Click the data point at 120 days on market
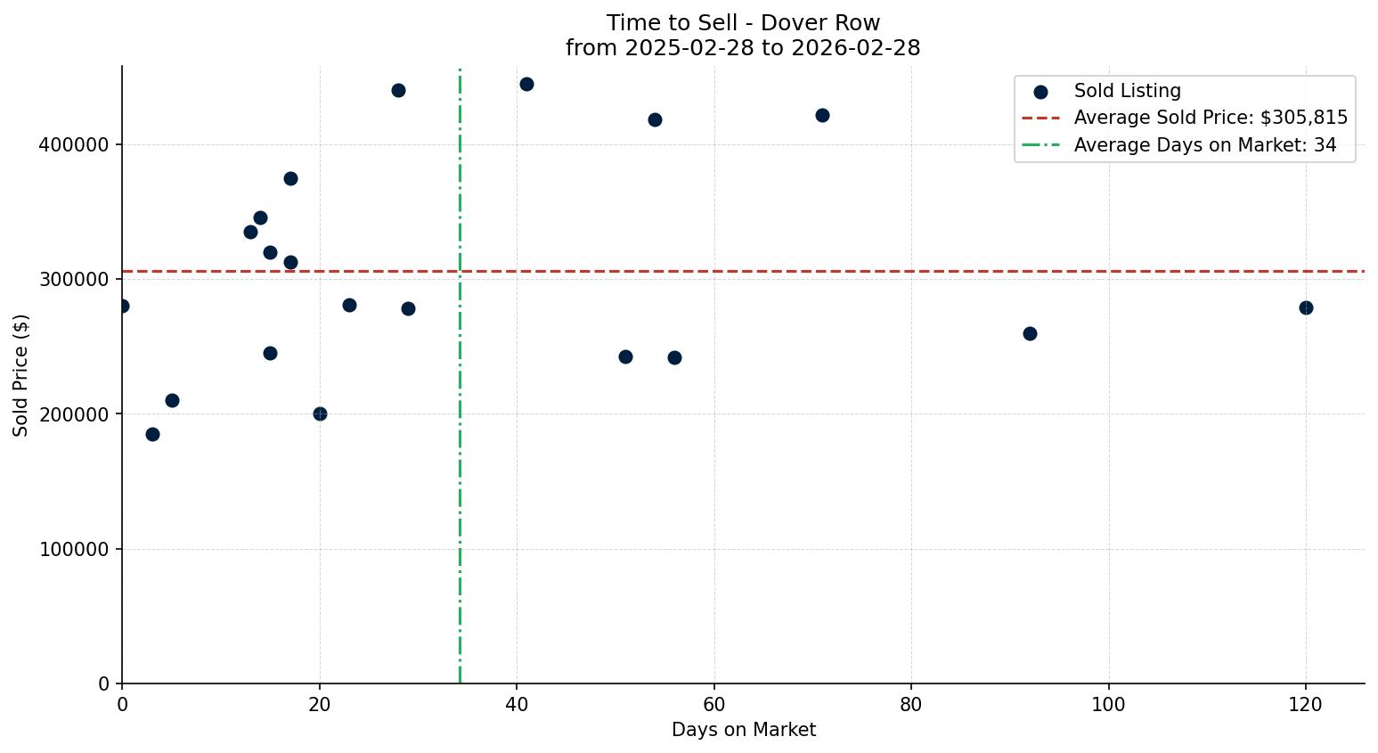pyautogui.click(x=1306, y=307)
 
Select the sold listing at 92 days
pyautogui.click(x=1030, y=333)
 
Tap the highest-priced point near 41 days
pyautogui.click(x=526, y=84)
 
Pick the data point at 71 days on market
pyautogui.click(x=822, y=115)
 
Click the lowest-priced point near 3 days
pyautogui.click(x=152, y=434)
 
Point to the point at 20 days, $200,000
pyautogui.click(x=320, y=413)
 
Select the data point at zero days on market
pyautogui.click(x=123, y=306)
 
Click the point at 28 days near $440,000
pyautogui.click(x=398, y=90)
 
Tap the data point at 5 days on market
pyautogui.click(x=172, y=400)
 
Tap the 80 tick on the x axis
pyautogui.click(x=911, y=704)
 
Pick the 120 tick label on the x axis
pyautogui.click(x=1306, y=704)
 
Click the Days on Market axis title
pyautogui.click(x=743, y=730)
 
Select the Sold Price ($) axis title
pyautogui.click(x=20, y=375)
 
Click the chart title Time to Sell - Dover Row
pyautogui.click(x=743, y=23)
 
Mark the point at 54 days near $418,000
pyautogui.click(x=655, y=119)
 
